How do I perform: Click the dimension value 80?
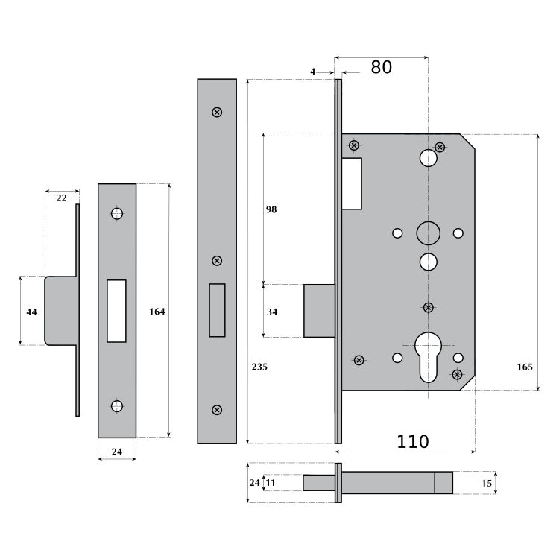381,67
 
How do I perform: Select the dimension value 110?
412,441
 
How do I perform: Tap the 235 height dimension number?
259,367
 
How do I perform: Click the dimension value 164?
157,311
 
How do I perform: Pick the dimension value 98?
271,210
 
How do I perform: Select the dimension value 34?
271,312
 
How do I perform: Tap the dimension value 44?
31,311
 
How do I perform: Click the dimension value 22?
61,198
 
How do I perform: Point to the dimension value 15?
487,483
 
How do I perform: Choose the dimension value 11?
271,483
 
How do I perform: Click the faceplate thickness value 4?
313,72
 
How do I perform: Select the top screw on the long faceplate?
217,113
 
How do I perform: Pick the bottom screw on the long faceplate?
217,409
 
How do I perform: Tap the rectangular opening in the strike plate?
116,311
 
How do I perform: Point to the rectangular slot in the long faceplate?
217,311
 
